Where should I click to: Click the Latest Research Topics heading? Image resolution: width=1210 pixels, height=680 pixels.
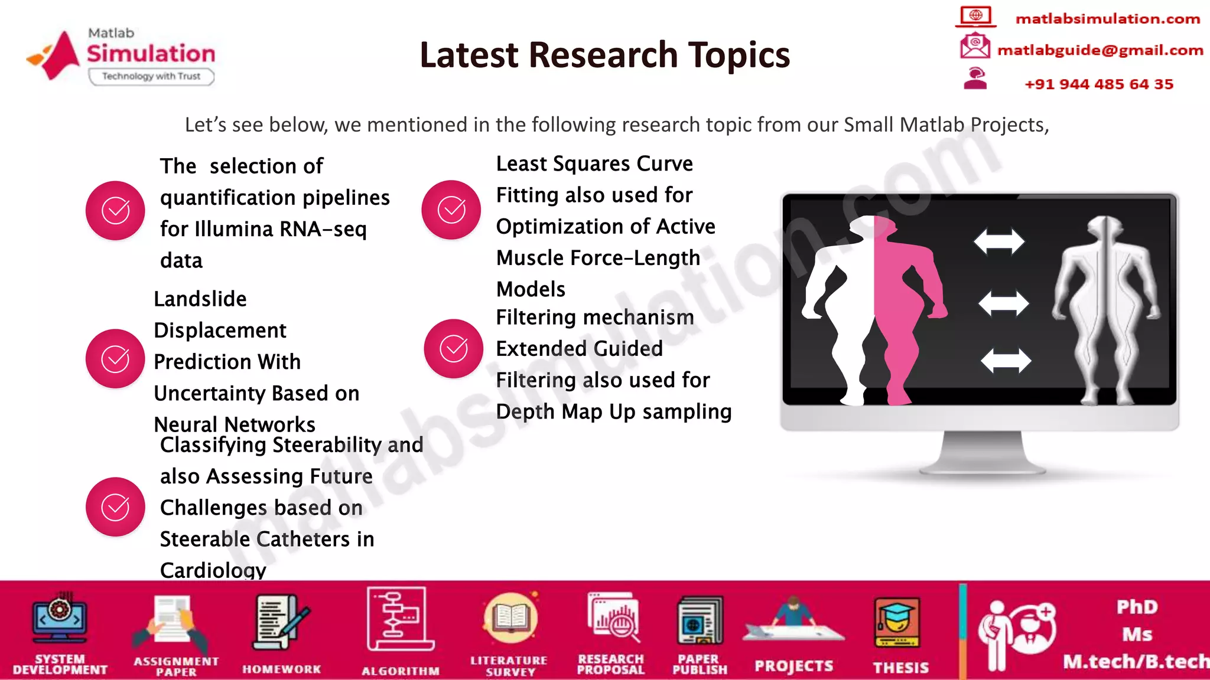point(604,55)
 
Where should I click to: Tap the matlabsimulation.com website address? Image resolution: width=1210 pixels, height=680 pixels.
point(1107,19)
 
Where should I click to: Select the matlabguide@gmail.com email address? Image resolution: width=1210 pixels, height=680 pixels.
point(1100,50)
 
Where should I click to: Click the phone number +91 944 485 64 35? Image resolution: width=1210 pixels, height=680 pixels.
point(1098,84)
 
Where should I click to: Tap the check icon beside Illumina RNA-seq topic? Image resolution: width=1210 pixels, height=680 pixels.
point(115,211)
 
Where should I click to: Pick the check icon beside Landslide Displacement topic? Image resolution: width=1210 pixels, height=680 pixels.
point(115,359)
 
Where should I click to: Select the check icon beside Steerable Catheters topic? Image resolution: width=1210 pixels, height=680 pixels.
point(115,507)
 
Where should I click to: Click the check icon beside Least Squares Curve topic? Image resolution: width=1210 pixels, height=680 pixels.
point(451,210)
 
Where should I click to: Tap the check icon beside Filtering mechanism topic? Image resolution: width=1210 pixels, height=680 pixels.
point(454,349)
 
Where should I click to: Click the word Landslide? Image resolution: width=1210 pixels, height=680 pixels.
point(200,299)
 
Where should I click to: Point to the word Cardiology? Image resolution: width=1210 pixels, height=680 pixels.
point(213,570)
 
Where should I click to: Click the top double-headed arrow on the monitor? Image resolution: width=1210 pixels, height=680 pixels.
point(999,241)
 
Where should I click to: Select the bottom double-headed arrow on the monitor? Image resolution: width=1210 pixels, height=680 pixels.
point(1006,361)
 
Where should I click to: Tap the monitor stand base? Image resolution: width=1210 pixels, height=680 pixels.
point(981,466)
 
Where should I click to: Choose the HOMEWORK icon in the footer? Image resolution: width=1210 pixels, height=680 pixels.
point(281,623)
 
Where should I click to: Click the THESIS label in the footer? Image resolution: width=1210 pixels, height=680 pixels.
point(900,668)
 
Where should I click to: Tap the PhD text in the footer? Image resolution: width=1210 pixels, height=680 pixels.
point(1137,607)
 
